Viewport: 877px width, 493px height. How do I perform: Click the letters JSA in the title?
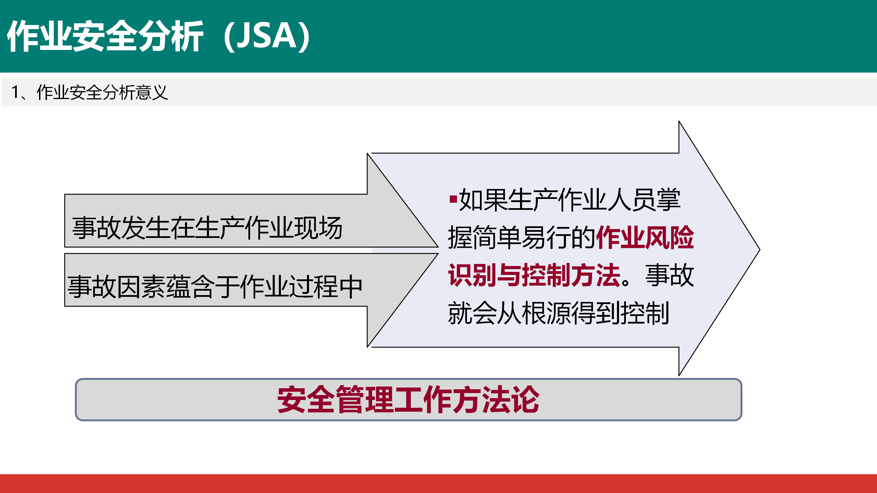coord(267,36)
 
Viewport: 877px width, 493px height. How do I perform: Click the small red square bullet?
coord(453,199)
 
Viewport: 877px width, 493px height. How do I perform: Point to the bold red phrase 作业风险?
coord(645,237)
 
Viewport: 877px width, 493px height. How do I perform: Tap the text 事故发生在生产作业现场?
coord(207,228)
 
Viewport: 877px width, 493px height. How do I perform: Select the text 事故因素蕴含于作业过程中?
coord(215,287)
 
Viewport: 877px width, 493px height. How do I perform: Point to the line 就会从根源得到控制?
coord(558,313)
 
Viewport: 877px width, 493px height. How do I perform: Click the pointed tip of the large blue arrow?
coord(759,250)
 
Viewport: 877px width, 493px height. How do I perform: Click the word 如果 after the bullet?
coord(483,200)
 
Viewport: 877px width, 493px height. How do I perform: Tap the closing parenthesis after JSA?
coord(304,36)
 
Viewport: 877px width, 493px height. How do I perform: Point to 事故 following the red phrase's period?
coord(670,275)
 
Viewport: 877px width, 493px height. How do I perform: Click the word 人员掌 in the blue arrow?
coord(644,200)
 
